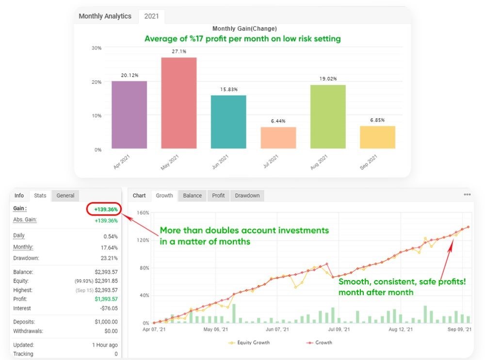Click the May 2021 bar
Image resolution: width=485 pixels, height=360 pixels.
179,103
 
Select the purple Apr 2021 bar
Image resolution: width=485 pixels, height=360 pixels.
129,114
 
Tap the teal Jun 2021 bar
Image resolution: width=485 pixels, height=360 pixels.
228,122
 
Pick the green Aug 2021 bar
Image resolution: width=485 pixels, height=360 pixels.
328,116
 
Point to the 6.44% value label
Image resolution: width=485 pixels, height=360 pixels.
278,121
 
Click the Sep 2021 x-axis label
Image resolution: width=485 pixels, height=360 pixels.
368,159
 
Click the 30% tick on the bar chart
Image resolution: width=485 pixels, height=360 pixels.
97,48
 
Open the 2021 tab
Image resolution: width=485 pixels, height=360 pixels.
152,16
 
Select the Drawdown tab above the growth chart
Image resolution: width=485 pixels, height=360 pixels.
247,196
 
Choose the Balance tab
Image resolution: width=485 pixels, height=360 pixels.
193,196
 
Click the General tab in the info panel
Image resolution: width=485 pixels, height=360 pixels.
65,196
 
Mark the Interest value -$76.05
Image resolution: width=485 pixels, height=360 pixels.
107,308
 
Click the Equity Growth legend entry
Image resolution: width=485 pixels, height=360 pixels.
249,343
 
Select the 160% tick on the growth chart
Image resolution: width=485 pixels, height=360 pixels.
143,213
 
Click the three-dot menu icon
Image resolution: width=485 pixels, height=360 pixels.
467,195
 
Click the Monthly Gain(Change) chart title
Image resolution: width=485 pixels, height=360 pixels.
244,29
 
